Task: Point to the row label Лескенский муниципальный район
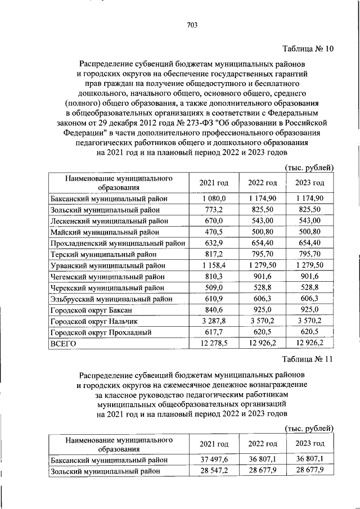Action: tap(106, 220)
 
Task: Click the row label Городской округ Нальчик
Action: tap(94, 321)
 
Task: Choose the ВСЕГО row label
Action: tap(63, 343)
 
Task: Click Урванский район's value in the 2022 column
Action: tap(263, 265)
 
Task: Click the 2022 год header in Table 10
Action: tap(263, 183)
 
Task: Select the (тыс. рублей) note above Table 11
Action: tap(310, 428)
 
